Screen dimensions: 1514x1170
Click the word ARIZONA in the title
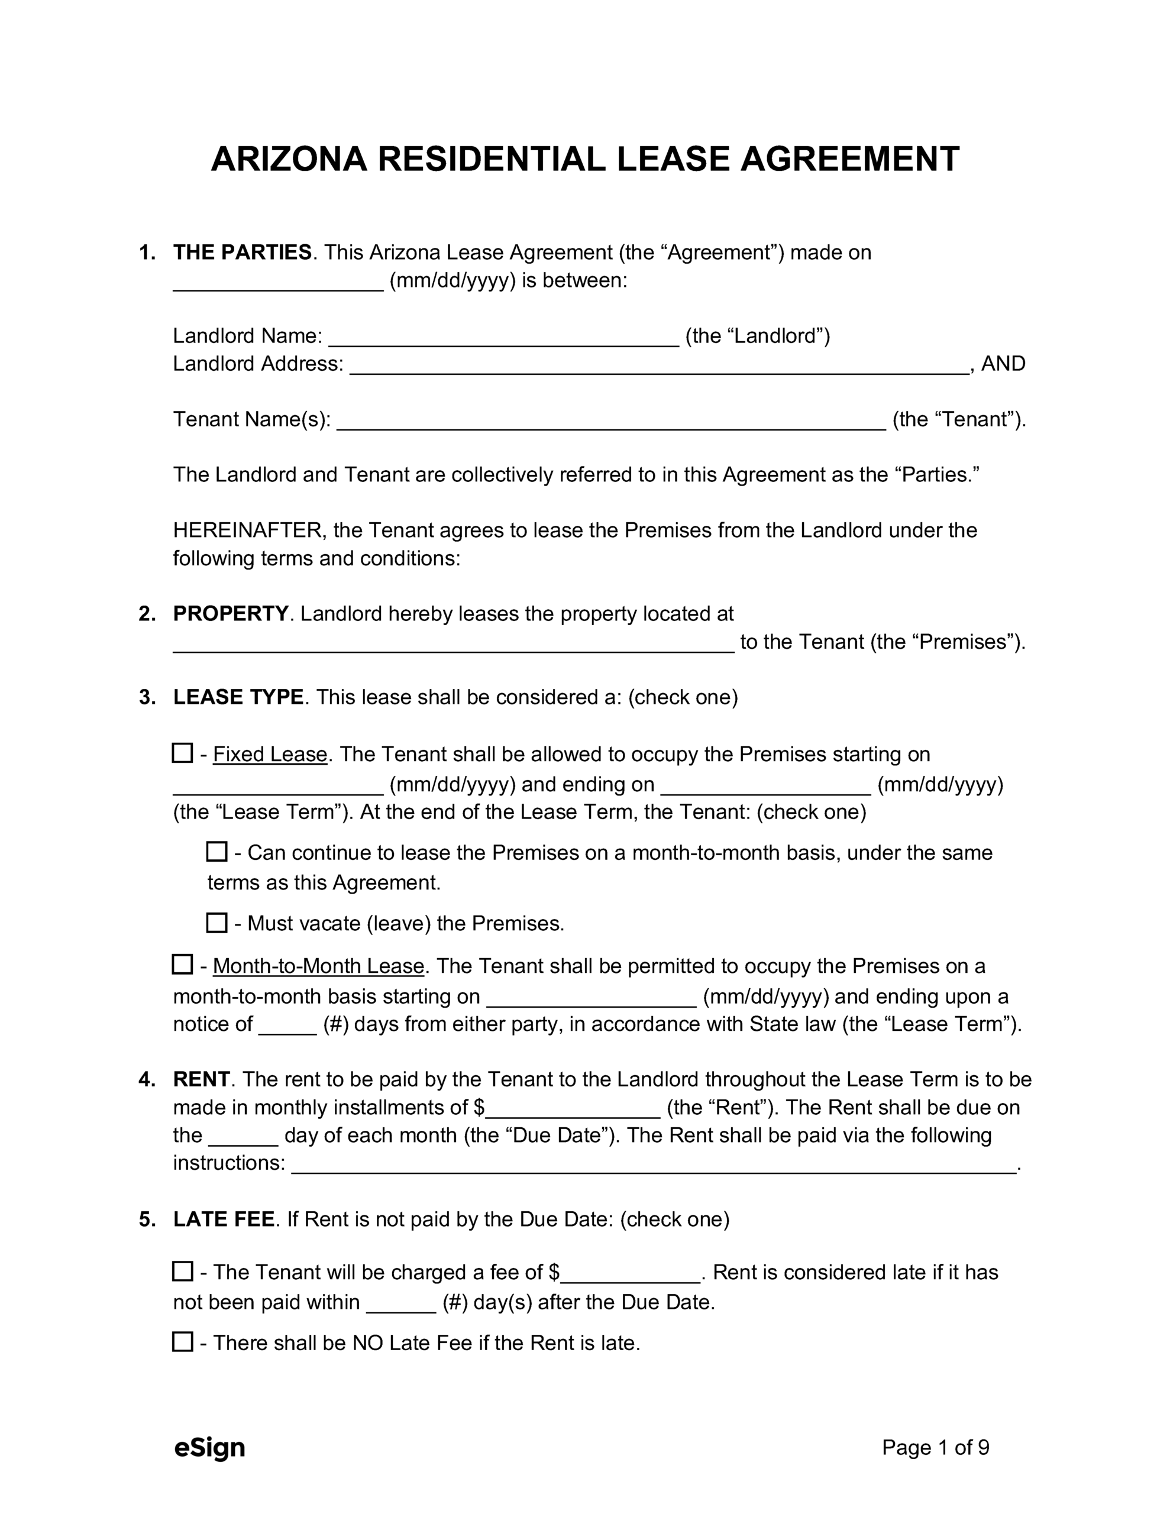[x=289, y=160]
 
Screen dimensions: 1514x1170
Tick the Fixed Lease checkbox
[x=182, y=753]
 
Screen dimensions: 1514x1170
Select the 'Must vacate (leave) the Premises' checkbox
[x=217, y=923]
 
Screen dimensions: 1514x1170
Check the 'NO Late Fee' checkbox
[x=182, y=1341]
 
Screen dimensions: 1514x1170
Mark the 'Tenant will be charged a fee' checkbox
[x=182, y=1271]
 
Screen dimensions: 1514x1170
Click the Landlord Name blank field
[x=503, y=338]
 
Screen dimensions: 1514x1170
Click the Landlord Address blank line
[x=658, y=365]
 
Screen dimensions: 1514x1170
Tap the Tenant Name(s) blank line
[x=611, y=421]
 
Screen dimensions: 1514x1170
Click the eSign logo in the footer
[x=209, y=1447]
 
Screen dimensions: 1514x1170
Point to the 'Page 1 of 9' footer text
[x=935, y=1447]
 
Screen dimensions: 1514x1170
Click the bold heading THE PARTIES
[x=242, y=253]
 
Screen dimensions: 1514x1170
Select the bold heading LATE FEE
[x=224, y=1219]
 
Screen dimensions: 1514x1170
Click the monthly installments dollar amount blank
[x=573, y=1109]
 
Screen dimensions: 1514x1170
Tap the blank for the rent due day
[x=243, y=1137]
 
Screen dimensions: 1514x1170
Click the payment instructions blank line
[x=653, y=1164]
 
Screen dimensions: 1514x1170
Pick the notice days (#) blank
[x=287, y=1026]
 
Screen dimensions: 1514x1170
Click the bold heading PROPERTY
[x=230, y=613]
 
